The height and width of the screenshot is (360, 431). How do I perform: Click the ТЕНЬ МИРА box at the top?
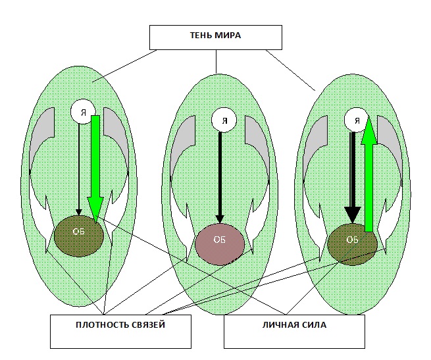(x=216, y=37)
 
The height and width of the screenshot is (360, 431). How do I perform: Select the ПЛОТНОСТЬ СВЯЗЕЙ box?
(x=121, y=331)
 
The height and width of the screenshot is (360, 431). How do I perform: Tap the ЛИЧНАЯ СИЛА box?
(x=293, y=331)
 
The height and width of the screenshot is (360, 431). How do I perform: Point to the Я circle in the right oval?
(x=356, y=120)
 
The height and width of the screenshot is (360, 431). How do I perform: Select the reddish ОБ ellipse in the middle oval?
(x=220, y=242)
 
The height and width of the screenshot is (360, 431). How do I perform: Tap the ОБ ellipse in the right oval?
(x=352, y=242)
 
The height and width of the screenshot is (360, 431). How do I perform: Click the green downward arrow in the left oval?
(x=95, y=171)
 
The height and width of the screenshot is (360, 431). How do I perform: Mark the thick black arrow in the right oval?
(x=353, y=178)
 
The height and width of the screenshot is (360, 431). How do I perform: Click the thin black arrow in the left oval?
(x=79, y=168)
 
